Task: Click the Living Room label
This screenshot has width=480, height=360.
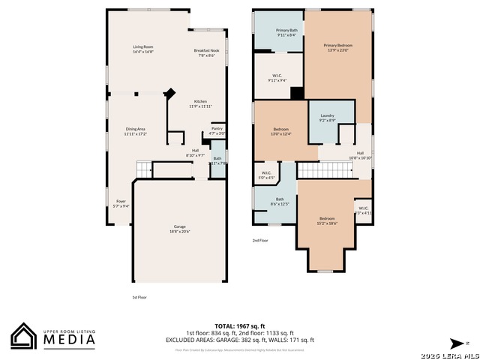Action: pos(142,49)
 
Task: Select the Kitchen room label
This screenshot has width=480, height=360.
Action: pos(200,103)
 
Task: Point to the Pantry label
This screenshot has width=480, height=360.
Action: pos(217,130)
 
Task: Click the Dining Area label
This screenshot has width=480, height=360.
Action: pos(136,131)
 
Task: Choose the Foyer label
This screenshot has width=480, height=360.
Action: pos(121,203)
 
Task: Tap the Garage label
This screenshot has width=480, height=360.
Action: pos(180,229)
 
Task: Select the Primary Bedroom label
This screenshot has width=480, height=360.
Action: pos(337,48)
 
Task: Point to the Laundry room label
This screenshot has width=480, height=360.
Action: pos(327,118)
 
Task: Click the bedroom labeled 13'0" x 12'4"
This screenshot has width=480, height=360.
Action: pos(280,132)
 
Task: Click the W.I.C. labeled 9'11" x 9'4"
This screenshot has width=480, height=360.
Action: pos(277,77)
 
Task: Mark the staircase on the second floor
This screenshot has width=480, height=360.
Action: pos(325,171)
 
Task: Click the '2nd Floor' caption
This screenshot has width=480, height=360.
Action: pos(259,241)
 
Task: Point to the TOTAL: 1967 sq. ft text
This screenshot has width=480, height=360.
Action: pos(239,326)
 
